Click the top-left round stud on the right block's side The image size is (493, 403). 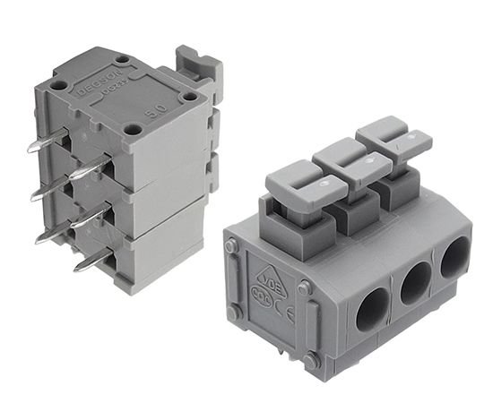(232, 244)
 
